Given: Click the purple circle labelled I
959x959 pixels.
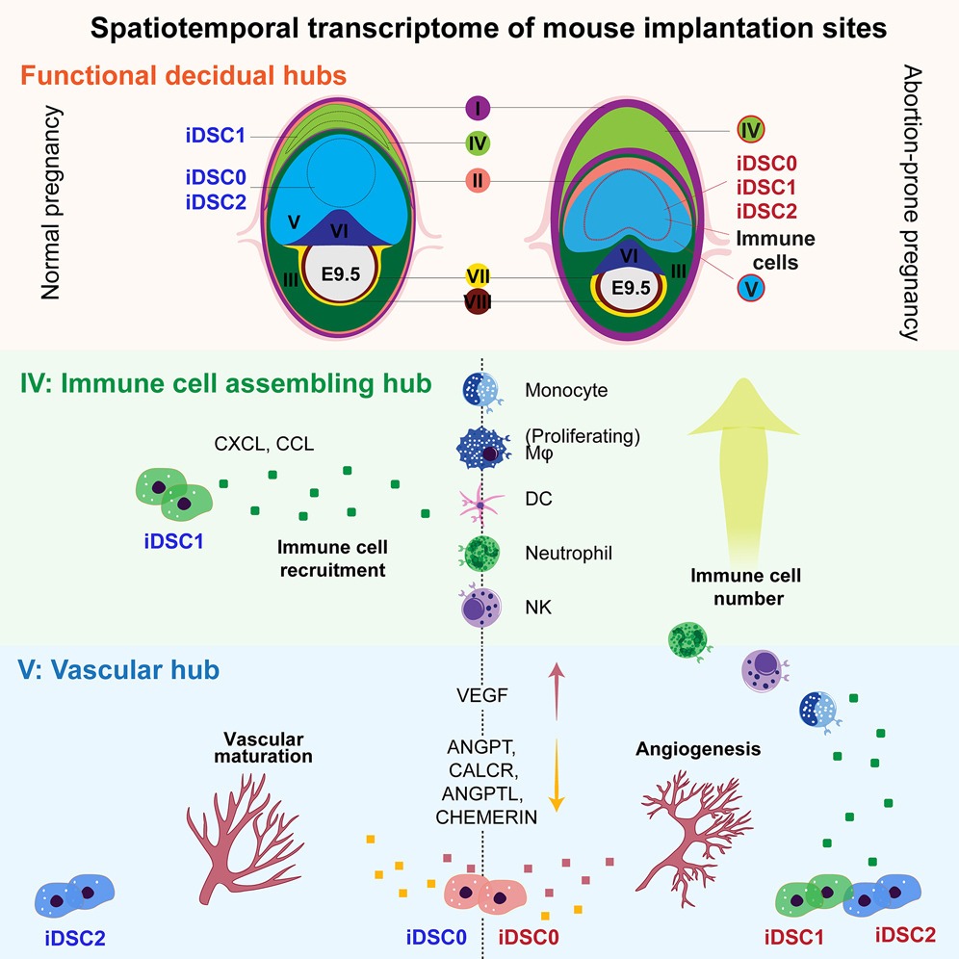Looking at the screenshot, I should (479, 107).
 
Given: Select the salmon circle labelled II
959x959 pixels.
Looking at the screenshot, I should (479, 180).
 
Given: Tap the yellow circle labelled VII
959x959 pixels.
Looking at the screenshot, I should (479, 277).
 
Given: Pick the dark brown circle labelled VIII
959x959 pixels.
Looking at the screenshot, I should (479, 301).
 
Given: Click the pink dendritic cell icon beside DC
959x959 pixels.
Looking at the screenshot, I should (478, 500).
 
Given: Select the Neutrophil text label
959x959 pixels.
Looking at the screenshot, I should (569, 554).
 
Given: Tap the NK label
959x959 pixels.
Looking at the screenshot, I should (537, 609).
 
